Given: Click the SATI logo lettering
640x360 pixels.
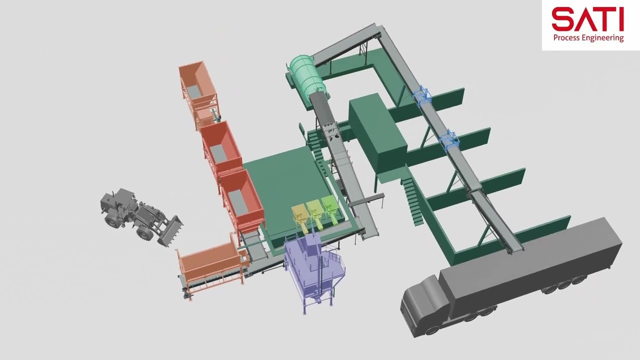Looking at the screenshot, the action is (x=587, y=19).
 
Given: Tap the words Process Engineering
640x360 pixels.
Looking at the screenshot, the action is (x=588, y=38).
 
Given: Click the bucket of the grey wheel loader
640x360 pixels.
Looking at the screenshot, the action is (x=171, y=231).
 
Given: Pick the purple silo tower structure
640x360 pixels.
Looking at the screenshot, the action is (x=314, y=271).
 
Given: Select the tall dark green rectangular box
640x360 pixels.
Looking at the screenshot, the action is (x=377, y=134).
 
